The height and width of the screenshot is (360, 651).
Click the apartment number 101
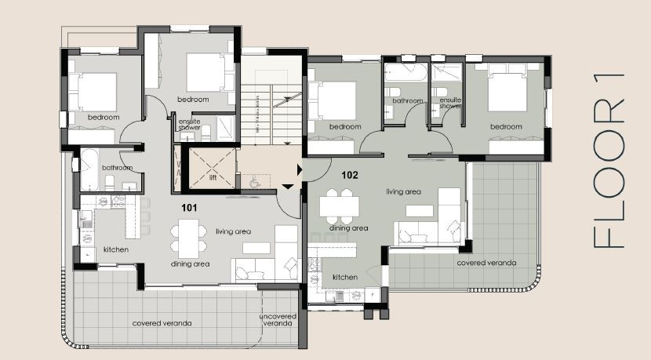(x=188, y=208)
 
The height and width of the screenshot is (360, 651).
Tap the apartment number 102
(x=349, y=175)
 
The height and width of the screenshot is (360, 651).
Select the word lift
(x=212, y=177)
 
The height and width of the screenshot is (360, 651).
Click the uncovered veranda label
(x=278, y=320)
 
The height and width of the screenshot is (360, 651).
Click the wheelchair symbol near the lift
(x=253, y=180)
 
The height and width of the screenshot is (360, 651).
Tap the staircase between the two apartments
(x=271, y=102)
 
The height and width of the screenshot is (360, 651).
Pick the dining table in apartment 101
(x=188, y=237)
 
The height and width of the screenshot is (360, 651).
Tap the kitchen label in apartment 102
(x=345, y=278)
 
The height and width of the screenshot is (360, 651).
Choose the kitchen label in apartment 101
(x=116, y=250)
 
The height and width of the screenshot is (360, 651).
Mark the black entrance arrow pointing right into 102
(x=300, y=170)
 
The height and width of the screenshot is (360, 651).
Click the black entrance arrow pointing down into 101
(x=288, y=186)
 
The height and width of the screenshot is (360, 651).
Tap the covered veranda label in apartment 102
(x=487, y=263)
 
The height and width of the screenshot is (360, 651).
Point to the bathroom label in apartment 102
(x=408, y=101)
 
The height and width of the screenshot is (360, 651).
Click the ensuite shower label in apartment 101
(x=190, y=125)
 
